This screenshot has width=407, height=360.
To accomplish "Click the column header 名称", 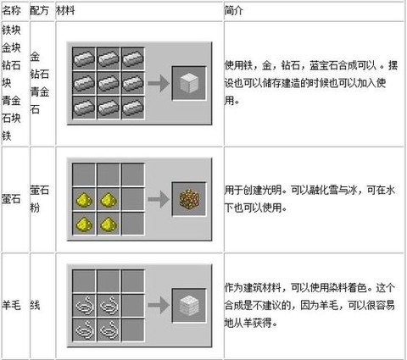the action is click(11, 11).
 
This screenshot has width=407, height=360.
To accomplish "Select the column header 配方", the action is click(40, 11).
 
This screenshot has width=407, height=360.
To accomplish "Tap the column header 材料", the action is click(65, 11).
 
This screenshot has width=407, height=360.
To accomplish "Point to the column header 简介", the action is click(233, 11).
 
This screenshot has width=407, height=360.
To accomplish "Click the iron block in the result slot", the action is click(189, 83).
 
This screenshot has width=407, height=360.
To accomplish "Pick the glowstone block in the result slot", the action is click(189, 199).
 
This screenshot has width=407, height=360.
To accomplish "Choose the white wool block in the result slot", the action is click(189, 306).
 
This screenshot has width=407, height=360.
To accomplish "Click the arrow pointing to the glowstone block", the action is click(159, 199).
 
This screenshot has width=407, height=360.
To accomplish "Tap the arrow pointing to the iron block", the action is click(159, 83).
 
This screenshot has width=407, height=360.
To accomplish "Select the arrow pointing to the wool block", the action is click(159, 306).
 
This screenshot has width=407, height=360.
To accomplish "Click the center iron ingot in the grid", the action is click(109, 83).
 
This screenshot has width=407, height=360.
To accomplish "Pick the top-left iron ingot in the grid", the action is click(84, 58).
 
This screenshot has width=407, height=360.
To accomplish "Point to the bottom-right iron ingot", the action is click(133, 108).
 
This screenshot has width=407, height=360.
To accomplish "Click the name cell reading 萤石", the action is click(11, 199).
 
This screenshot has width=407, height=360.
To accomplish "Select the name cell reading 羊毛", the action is click(11, 305).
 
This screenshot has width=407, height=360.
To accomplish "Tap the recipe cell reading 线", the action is click(35, 305).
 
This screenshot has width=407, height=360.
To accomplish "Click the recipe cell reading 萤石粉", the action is click(40, 199).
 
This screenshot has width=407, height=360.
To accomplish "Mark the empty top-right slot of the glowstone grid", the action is click(133, 174).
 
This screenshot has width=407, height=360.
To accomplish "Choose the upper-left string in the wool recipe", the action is click(84, 306).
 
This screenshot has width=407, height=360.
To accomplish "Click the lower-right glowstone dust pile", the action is click(109, 224).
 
